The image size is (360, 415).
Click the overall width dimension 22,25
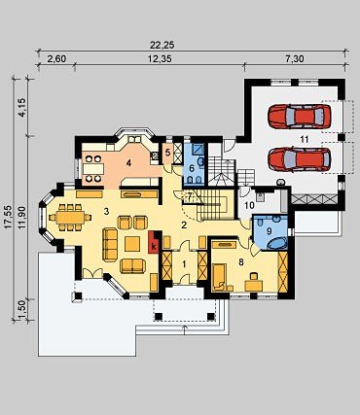pyautogui.click(x=162, y=45)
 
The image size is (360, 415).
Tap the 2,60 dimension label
pyautogui.click(x=56, y=59)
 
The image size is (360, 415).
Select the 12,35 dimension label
pyautogui.click(x=160, y=59)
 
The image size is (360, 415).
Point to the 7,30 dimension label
pyautogui.click(x=295, y=59)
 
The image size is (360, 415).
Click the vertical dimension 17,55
pyautogui.click(x=9, y=217)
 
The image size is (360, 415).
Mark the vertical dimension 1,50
pyautogui.click(x=22, y=310)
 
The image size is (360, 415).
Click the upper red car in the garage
pyautogui.click(x=300, y=117)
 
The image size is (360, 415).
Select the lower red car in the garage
pyautogui.click(x=300, y=159)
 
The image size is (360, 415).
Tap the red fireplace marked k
pyautogui.click(x=154, y=242)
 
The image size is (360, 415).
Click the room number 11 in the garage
pyautogui.click(x=304, y=139)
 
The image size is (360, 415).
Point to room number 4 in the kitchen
pyautogui.click(x=128, y=163)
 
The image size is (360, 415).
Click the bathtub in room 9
pyautogui.click(x=277, y=244)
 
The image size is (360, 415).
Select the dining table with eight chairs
pyautogui.click(x=70, y=218)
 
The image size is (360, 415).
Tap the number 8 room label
pyautogui.click(x=241, y=262)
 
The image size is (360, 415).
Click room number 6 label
pyautogui.click(x=192, y=168)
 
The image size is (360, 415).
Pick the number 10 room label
pyautogui.click(x=249, y=205)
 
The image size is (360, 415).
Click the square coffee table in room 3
pyautogui.click(x=132, y=244)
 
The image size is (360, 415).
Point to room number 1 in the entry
pyautogui.click(x=184, y=264)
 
